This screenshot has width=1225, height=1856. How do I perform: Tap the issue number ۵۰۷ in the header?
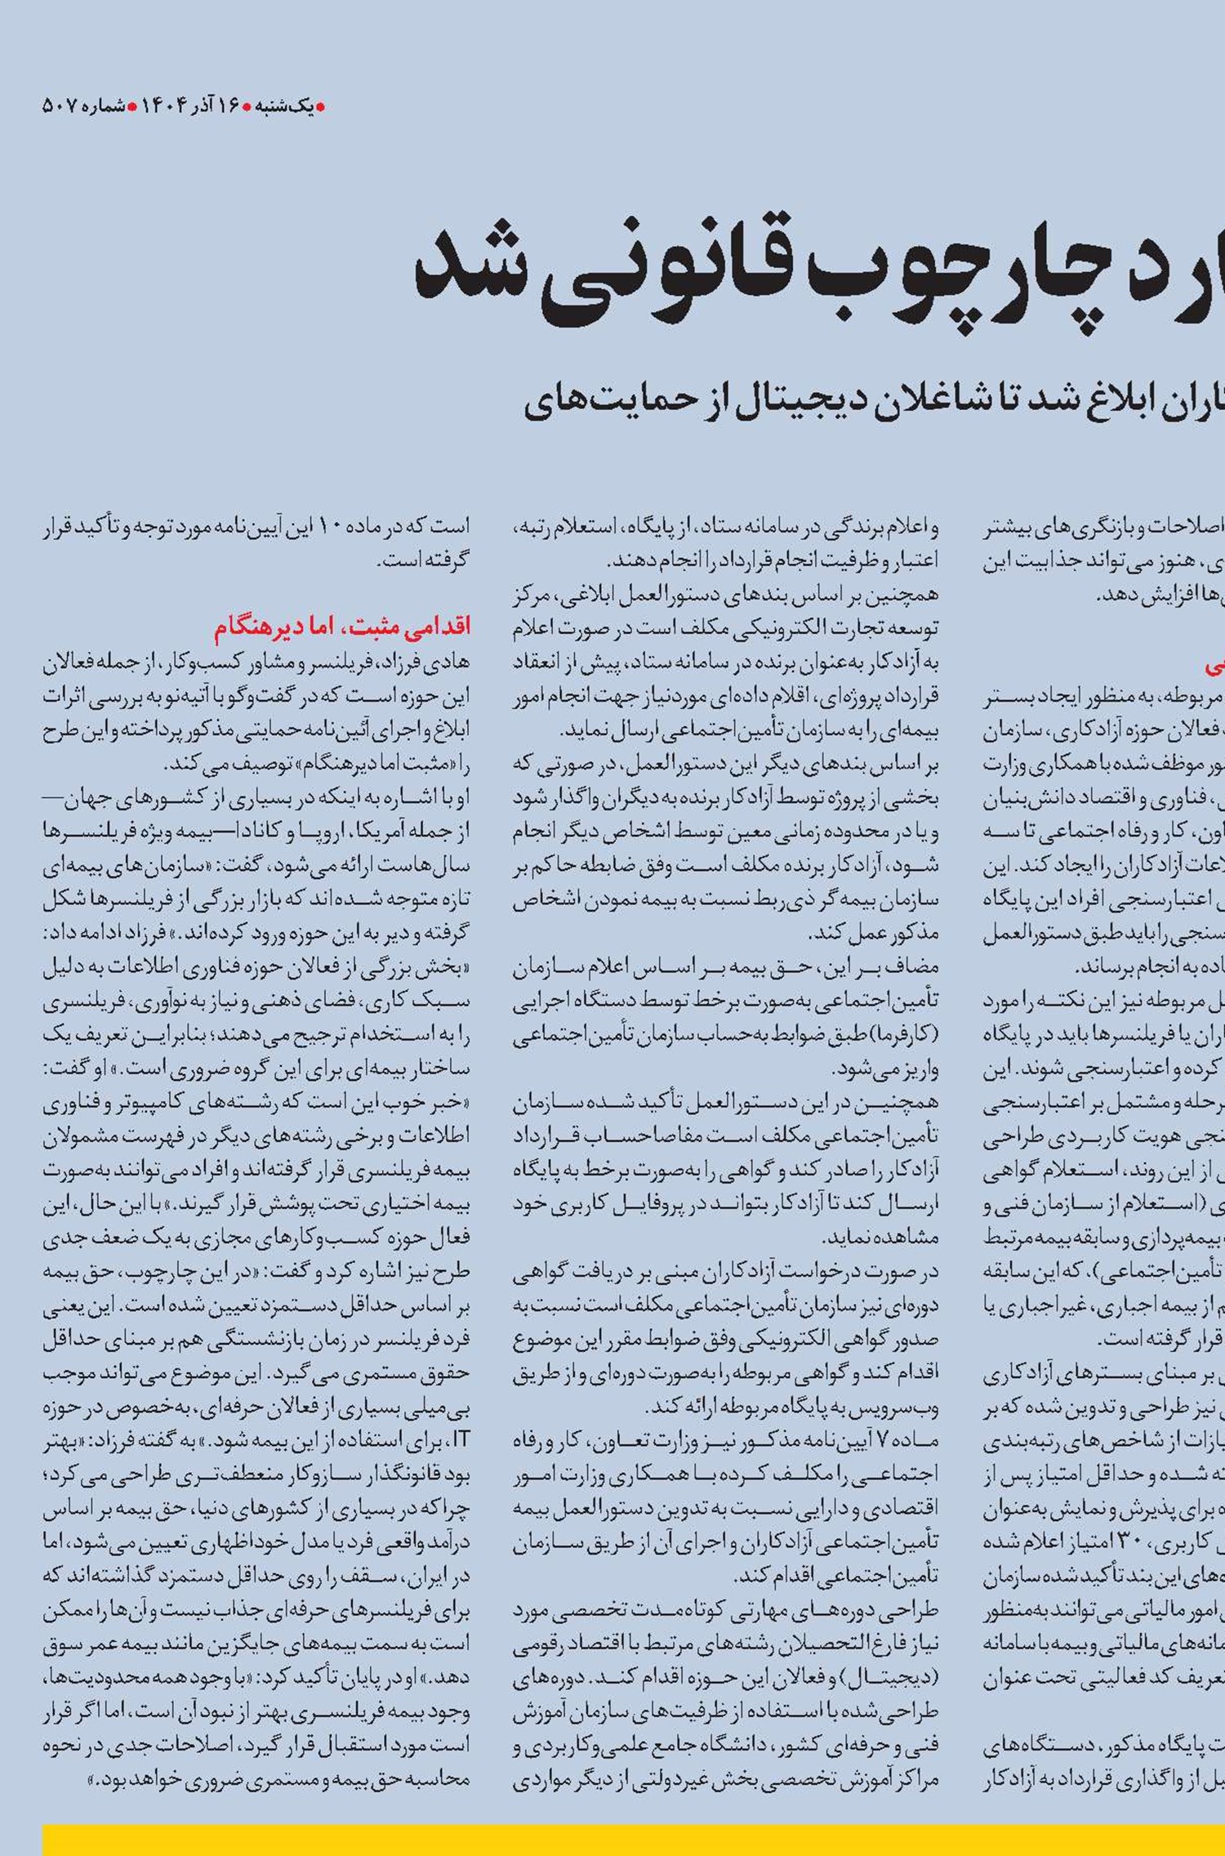(x=60, y=106)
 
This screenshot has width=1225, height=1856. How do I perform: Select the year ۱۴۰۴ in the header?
(x=165, y=106)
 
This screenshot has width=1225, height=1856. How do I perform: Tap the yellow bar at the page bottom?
(x=633, y=1838)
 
